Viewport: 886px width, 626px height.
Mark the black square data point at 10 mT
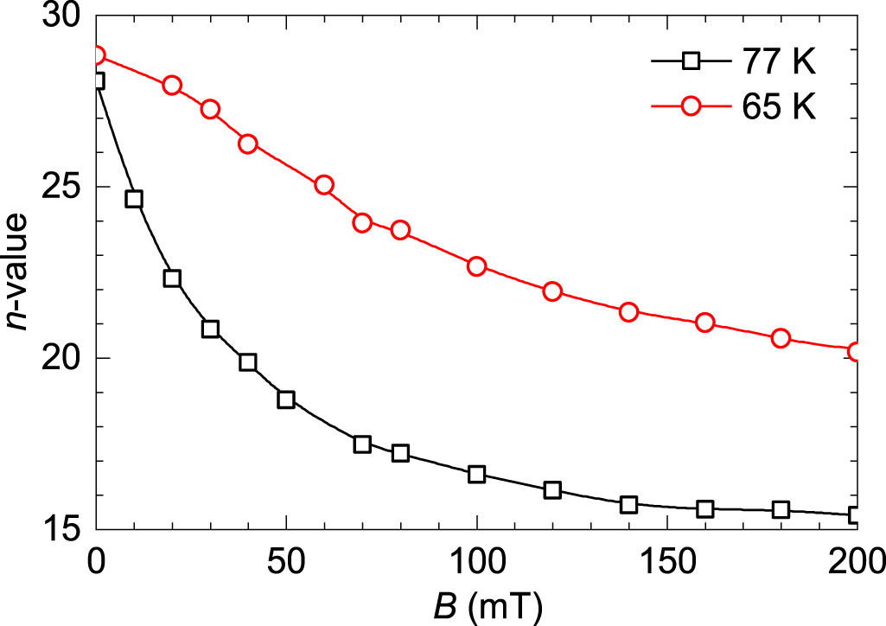click(x=134, y=199)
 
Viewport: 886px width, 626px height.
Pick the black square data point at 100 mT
click(x=476, y=474)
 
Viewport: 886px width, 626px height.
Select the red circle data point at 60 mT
click(x=324, y=185)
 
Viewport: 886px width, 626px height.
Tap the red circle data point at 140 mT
click(x=628, y=312)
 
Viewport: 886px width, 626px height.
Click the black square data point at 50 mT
click(x=286, y=399)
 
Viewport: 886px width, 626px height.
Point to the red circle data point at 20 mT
click(x=172, y=85)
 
